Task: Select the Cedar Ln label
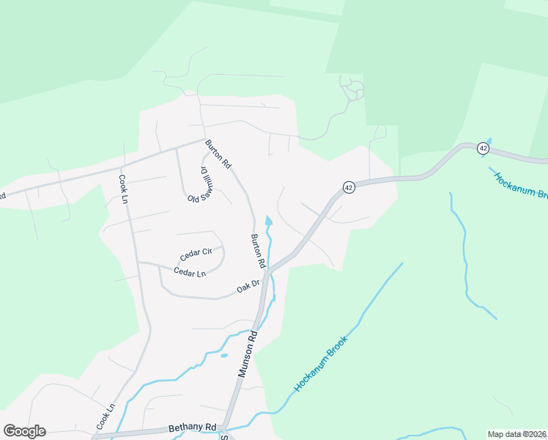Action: (190, 273)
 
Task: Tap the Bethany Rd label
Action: (193, 427)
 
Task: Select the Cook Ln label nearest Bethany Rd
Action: (106, 417)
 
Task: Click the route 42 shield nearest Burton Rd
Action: (349, 187)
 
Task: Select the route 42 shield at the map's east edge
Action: (483, 147)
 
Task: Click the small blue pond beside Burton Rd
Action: (268, 221)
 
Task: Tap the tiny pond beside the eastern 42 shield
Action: (489, 139)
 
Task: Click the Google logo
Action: (24, 431)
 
